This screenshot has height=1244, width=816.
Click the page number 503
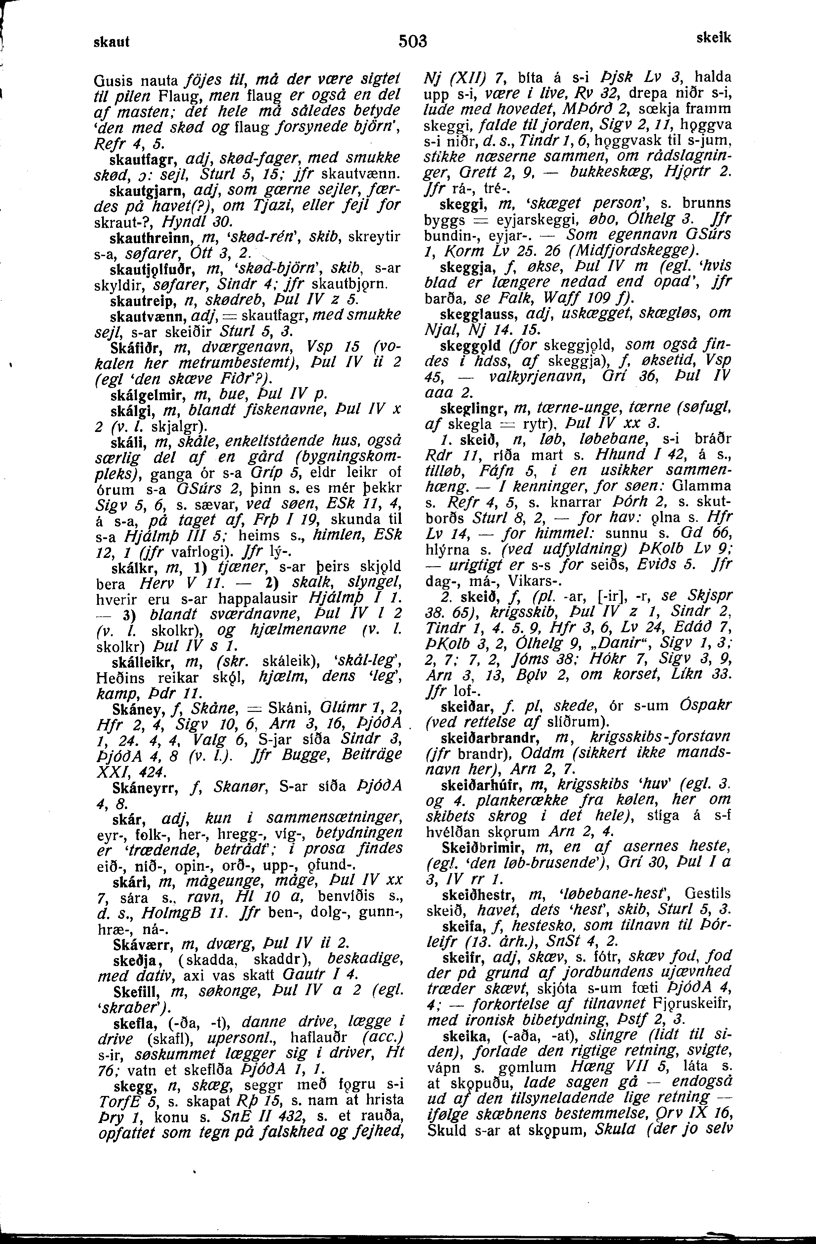413,41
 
